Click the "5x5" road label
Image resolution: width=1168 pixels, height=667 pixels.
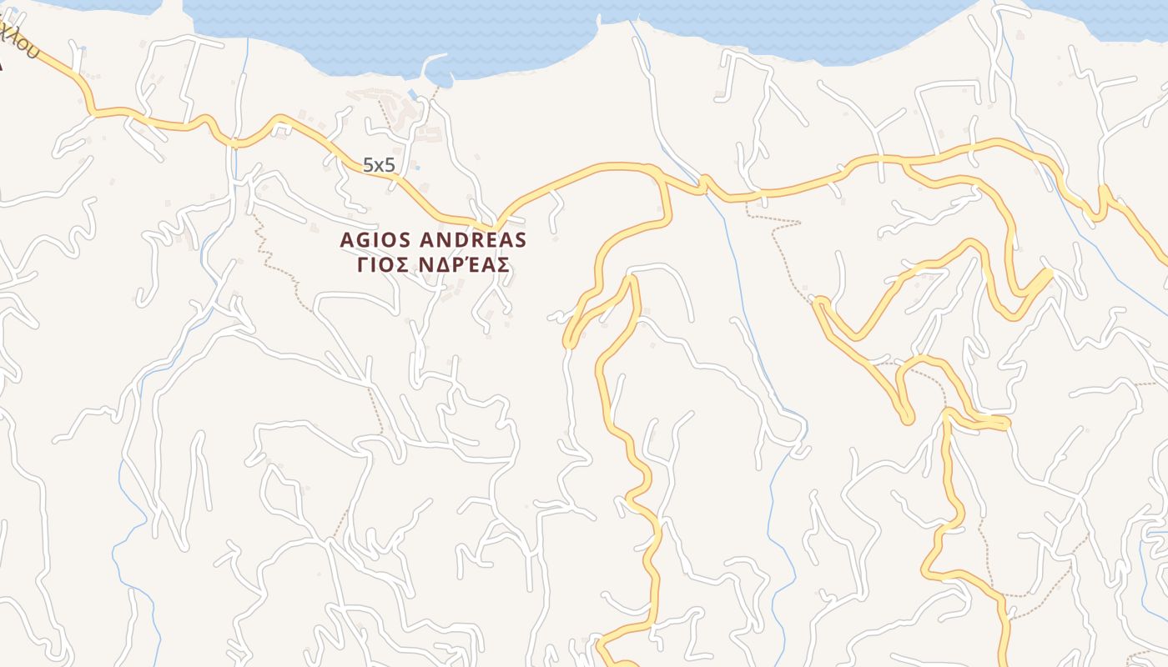[x=379, y=165]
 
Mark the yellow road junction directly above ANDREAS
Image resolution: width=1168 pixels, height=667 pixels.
[x=497, y=224]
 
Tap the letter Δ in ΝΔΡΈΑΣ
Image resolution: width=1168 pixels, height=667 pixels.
[x=449, y=264]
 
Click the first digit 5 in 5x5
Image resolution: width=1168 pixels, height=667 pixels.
[x=368, y=165]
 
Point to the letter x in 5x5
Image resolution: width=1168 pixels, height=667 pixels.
[x=379, y=166]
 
